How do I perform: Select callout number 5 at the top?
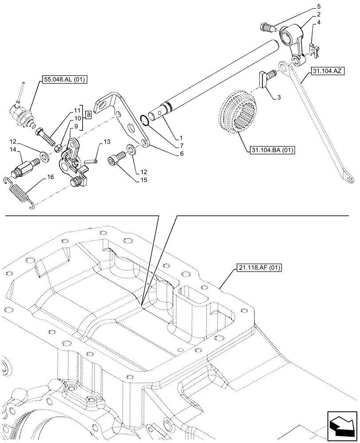(x=317, y=7)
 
